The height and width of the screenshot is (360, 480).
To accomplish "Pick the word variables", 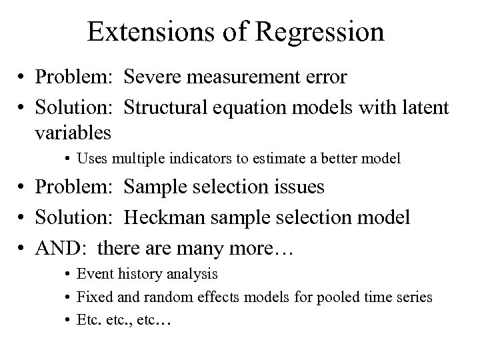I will click(x=73, y=132).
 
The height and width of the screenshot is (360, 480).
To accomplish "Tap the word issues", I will click(x=297, y=187).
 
